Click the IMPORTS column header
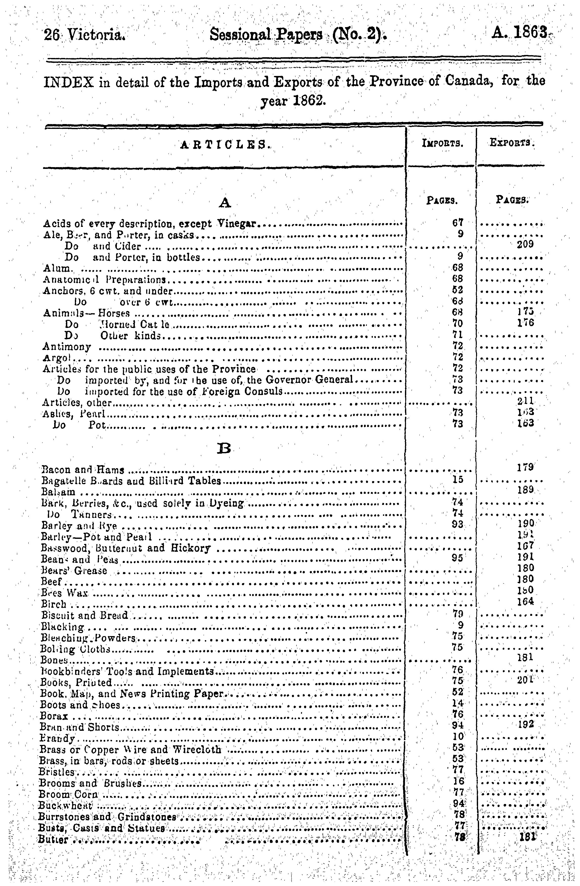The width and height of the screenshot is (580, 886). pos(442,142)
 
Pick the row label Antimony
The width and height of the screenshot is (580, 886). pos(67,347)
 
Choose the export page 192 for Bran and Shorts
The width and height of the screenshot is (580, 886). pos(525,724)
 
